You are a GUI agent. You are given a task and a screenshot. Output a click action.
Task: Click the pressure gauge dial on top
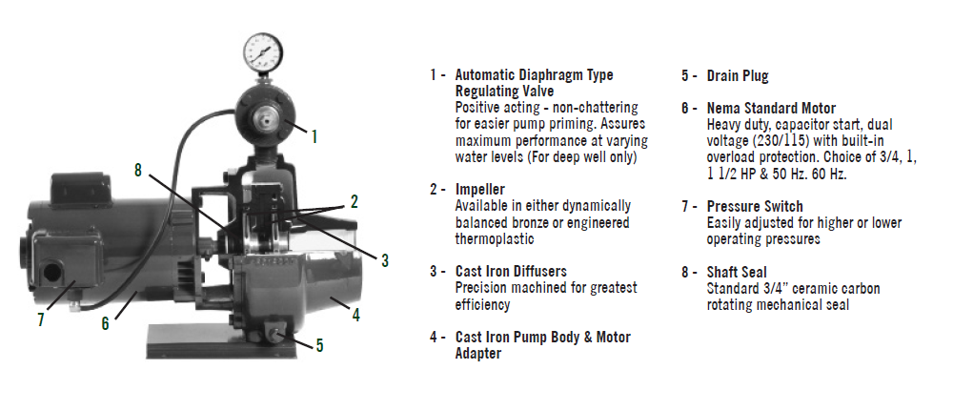[263, 52]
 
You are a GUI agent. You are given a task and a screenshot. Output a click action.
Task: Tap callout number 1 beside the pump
[314, 136]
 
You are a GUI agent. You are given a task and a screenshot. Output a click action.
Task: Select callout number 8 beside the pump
[138, 171]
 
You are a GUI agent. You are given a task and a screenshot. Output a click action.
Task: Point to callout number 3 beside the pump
[385, 261]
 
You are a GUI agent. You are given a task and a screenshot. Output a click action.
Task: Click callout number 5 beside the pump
[319, 346]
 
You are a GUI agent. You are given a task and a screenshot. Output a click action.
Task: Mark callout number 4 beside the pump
[355, 315]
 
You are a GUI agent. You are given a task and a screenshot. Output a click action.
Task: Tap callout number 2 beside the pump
[354, 202]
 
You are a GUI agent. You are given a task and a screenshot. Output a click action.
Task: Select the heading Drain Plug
[738, 76]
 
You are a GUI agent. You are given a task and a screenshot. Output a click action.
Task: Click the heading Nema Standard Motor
[771, 109]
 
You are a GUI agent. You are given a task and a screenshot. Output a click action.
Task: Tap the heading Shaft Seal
[737, 272]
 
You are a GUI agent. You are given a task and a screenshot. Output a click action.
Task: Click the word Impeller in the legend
[480, 189]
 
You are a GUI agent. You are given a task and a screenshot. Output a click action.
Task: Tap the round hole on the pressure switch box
[52, 273]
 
